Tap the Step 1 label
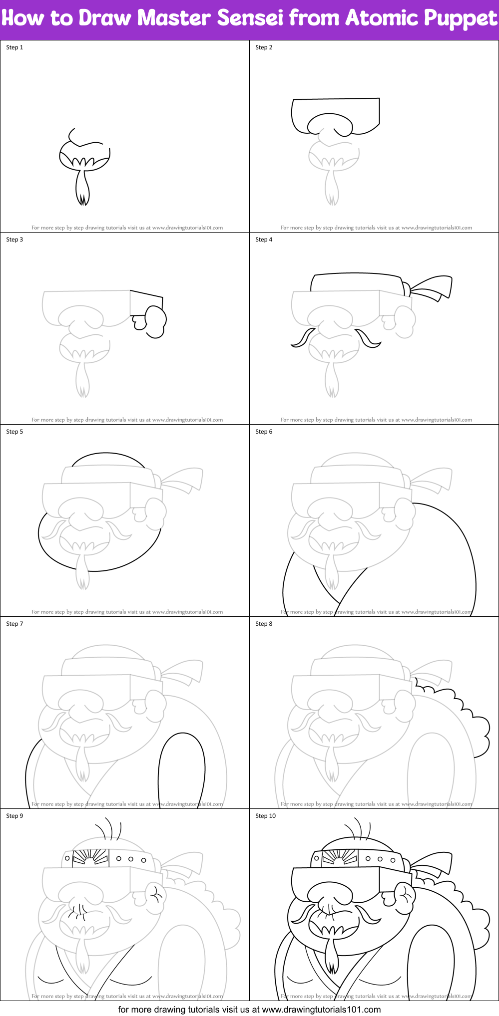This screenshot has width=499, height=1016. click(x=14, y=47)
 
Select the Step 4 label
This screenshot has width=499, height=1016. click(x=264, y=240)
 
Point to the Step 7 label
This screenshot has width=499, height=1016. click(x=14, y=624)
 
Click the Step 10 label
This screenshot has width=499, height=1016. click(x=265, y=816)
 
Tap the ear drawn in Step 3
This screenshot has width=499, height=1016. click(x=155, y=322)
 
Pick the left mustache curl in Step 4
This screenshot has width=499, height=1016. click(x=302, y=338)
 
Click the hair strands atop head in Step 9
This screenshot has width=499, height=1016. click(x=109, y=829)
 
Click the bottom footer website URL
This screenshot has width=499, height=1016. click(x=321, y=1010)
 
